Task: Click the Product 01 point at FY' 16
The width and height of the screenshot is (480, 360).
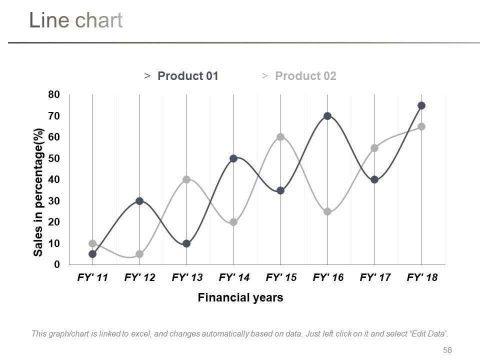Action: [327, 116]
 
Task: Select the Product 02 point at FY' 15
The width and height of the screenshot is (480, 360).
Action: [280, 137]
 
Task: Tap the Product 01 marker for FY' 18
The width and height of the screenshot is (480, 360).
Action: [421, 105]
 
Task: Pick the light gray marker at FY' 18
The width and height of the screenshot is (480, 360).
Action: [421, 126]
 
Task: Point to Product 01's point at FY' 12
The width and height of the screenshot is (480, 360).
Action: [139, 201]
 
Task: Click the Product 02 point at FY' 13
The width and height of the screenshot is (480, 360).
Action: [186, 179]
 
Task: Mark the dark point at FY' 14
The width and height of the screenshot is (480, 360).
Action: [233, 158]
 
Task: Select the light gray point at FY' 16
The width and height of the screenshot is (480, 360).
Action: [327, 211]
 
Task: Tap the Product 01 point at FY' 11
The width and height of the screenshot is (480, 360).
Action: [92, 254]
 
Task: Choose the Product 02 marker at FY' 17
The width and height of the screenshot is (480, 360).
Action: [374, 148]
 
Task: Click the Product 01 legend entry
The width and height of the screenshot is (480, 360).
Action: [187, 76]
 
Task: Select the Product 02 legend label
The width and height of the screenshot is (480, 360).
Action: [305, 76]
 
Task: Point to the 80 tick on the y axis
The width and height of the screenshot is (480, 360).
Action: [54, 95]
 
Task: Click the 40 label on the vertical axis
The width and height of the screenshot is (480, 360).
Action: [54, 179]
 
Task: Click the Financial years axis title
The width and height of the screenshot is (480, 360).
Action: [240, 298]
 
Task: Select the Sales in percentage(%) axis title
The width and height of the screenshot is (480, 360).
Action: [38, 192]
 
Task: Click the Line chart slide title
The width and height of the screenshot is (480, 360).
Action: [75, 20]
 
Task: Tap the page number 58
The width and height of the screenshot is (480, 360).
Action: [447, 350]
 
